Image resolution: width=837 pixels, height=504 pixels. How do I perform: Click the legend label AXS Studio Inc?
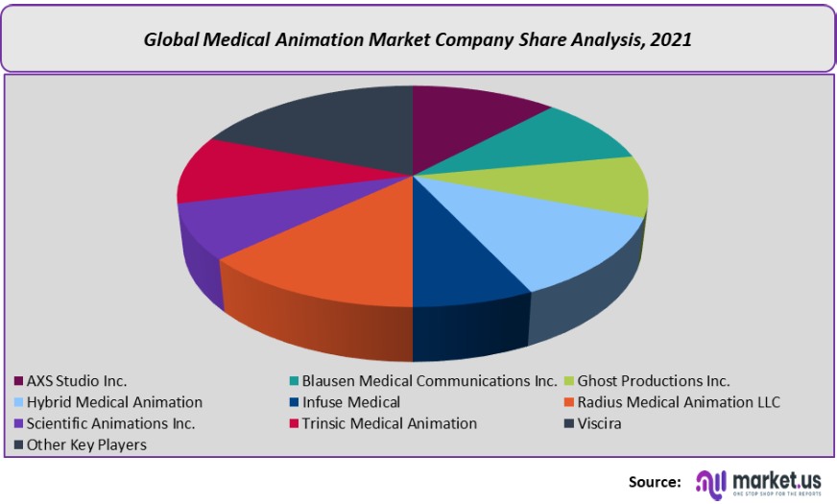coord(77,381)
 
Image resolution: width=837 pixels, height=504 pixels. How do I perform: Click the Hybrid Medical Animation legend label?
coord(114,402)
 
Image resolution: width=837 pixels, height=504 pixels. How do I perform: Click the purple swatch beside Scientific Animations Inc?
coord(18,423)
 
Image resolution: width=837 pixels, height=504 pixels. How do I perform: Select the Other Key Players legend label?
coord(86,444)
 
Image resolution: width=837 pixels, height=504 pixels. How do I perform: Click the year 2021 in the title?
coord(671,40)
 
